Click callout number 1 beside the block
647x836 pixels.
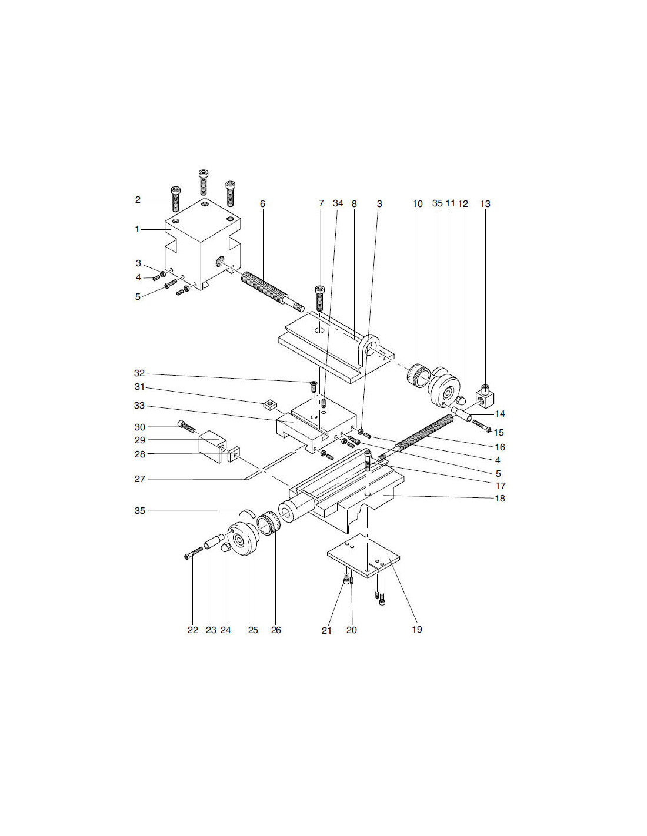tap(137, 229)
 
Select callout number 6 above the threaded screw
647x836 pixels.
tap(262, 204)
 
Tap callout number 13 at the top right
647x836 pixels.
tap(485, 204)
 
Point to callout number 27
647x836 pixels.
tap(140, 479)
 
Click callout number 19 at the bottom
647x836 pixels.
tap(417, 630)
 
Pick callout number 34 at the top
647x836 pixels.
tap(338, 203)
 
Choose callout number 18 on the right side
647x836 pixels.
tap(499, 498)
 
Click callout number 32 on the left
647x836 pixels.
tap(139, 373)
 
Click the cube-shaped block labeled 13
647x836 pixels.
tap(485, 398)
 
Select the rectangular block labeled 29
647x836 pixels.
tap(212, 446)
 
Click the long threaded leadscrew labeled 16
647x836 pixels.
tap(416, 437)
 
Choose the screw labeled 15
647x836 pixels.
tap(482, 426)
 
